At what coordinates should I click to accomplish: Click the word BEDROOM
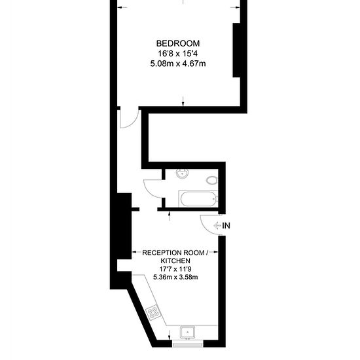(178, 43)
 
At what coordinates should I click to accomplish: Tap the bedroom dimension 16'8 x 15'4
(177, 54)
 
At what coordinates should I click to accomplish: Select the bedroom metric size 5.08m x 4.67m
(178, 63)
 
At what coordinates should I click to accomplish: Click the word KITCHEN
(175, 261)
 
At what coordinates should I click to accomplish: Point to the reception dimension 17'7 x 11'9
(175, 269)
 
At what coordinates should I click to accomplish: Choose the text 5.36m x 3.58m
(175, 277)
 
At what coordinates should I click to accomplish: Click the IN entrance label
(226, 226)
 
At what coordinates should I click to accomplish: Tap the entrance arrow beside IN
(217, 226)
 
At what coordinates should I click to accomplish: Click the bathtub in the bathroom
(198, 199)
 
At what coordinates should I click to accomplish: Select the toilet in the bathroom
(211, 180)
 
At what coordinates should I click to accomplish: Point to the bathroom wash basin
(183, 173)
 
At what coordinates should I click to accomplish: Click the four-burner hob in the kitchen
(153, 312)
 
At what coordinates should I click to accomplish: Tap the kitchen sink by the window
(187, 333)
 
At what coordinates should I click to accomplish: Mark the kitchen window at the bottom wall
(188, 344)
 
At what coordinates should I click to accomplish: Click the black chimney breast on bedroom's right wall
(236, 50)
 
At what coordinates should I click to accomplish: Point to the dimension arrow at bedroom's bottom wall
(183, 101)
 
